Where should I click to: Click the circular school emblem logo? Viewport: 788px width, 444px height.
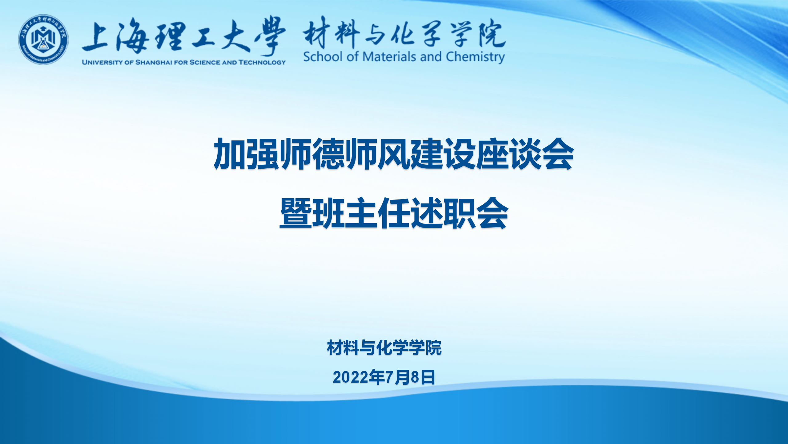point(43,39)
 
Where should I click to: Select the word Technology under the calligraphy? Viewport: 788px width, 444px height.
point(262,62)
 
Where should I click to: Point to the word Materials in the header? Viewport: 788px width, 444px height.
point(389,57)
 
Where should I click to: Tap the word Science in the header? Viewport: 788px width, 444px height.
point(205,62)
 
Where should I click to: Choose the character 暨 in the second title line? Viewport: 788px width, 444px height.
point(295,213)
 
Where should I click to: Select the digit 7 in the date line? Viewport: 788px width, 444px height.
point(390,377)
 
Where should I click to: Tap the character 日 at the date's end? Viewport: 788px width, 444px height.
point(428,377)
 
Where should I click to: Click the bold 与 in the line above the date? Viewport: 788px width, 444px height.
point(368,347)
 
